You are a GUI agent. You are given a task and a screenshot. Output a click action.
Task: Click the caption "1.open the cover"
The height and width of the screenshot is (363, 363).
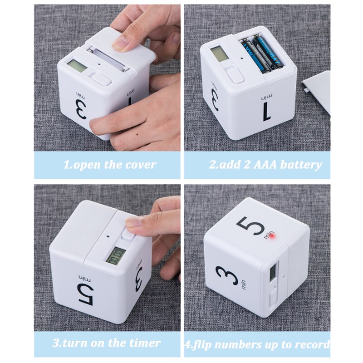pyautogui.click(x=109, y=165)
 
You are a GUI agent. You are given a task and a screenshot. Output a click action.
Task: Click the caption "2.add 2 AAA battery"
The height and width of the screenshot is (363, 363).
pyautogui.click(x=265, y=165)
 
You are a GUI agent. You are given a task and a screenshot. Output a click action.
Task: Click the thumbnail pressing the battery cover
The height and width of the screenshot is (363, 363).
pyautogui.click(x=120, y=44)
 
